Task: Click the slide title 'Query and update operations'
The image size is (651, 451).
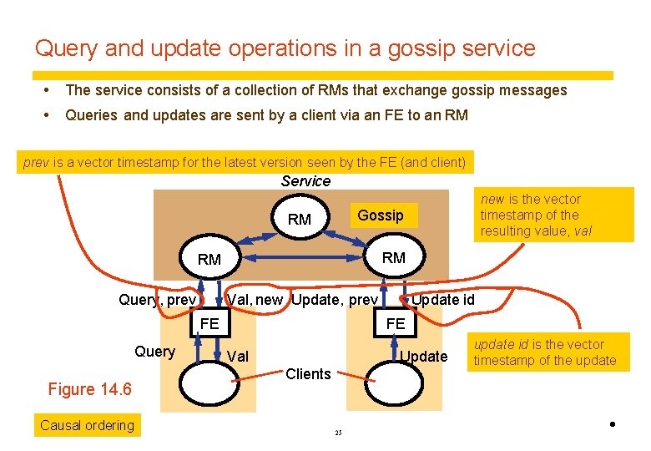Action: coord(285,48)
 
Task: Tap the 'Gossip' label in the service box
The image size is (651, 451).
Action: coord(380,215)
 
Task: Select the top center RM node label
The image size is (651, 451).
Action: coord(299,220)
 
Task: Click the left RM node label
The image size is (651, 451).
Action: coord(209,260)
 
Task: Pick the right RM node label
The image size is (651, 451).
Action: coord(393,258)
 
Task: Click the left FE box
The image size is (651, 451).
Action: coord(209,323)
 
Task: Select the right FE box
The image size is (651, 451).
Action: coord(395,323)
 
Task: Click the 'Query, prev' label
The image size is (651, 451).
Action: coord(157,300)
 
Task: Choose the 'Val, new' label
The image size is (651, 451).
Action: coord(255,300)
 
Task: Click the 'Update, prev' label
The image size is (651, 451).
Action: coord(336,300)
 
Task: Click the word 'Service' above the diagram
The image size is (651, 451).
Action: coord(305,181)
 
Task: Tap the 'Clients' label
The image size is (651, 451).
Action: coord(308,374)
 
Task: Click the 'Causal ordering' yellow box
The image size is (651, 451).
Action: coord(87,425)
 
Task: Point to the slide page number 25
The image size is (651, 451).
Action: coord(338,433)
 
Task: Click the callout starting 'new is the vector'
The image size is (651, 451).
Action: coord(554,215)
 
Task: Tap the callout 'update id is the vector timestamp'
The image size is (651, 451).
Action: coord(548,352)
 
